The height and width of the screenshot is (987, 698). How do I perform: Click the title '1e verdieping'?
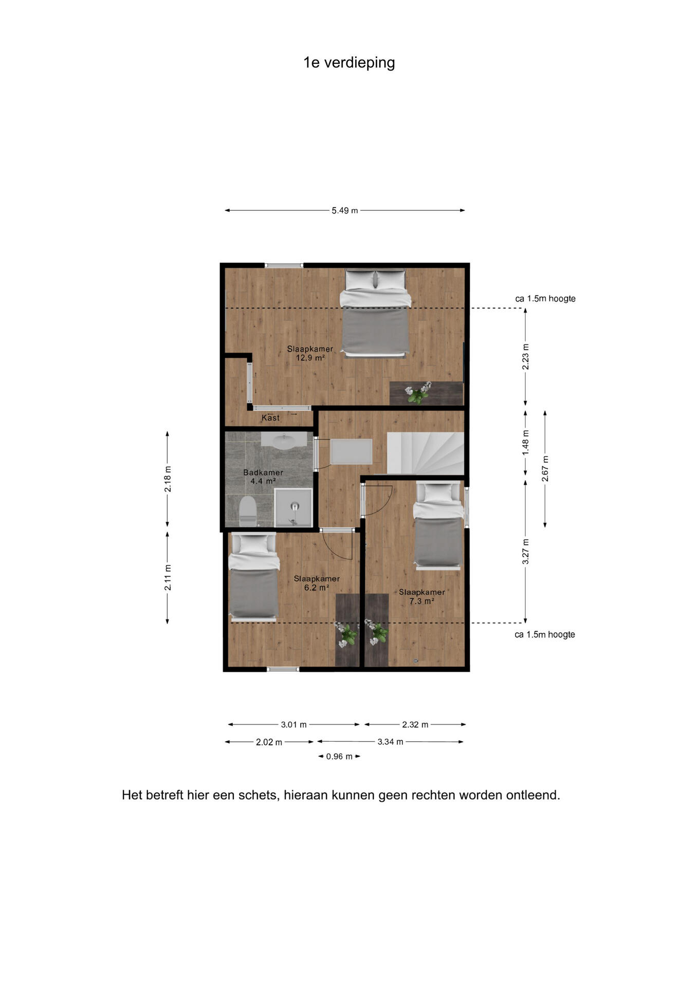click(349, 63)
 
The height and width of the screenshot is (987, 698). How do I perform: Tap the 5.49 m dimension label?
click(344, 210)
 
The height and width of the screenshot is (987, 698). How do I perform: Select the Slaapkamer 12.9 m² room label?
click(310, 353)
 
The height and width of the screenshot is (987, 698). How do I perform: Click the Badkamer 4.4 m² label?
click(263, 477)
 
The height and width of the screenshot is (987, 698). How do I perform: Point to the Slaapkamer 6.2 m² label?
click(317, 583)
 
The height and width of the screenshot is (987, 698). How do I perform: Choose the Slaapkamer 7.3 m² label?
click(422, 596)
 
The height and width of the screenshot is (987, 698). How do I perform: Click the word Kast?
click(271, 418)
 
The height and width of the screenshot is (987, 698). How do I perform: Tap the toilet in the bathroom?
click(248, 510)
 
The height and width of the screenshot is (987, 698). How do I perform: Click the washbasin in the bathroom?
click(284, 440)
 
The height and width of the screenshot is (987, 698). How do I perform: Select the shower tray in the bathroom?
click(293, 507)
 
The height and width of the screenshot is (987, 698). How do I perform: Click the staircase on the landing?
click(426, 453)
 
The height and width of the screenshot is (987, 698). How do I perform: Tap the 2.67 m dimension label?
click(545, 469)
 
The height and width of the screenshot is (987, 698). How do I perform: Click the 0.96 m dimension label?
click(339, 756)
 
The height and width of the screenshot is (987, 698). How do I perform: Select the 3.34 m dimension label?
click(390, 741)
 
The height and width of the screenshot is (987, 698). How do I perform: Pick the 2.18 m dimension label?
click(168, 479)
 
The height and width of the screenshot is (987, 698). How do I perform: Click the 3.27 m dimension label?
click(525, 552)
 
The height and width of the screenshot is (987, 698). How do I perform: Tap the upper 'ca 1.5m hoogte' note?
click(545, 299)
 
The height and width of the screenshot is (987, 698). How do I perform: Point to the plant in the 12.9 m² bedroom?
click(418, 393)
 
